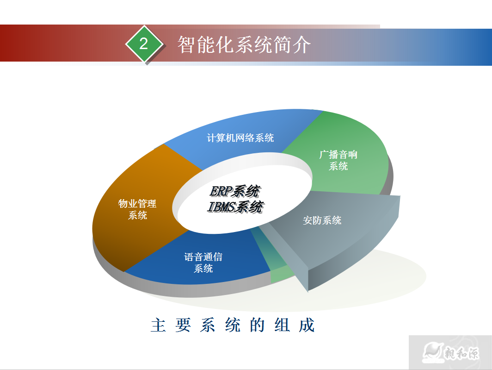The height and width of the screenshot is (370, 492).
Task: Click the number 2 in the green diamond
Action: click(144, 44)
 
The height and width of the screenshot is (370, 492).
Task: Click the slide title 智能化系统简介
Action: click(244, 44)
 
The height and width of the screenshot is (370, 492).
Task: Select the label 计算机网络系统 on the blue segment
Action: click(240, 138)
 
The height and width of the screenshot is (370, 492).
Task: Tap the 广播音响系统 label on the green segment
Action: click(338, 160)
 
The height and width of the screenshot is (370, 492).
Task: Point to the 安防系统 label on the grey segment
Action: click(322, 220)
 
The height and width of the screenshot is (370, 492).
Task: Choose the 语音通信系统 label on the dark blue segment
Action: click(203, 263)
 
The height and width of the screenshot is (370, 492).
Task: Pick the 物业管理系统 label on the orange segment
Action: click(137, 209)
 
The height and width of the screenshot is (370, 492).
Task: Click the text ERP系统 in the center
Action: click(234, 191)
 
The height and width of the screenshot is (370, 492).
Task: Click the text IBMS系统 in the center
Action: click(235, 207)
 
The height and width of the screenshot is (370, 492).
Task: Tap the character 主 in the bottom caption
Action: click(158, 325)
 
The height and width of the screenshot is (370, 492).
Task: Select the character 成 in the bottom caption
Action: click(307, 325)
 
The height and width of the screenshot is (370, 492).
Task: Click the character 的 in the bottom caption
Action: click(257, 325)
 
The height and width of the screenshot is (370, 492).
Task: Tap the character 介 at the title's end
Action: click(301, 44)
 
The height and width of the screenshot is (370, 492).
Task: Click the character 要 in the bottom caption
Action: click(183, 325)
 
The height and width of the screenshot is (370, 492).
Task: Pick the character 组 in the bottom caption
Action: click(282, 325)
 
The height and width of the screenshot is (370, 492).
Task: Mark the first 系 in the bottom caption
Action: click(208, 325)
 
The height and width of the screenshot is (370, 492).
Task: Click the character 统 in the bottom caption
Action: click(233, 325)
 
